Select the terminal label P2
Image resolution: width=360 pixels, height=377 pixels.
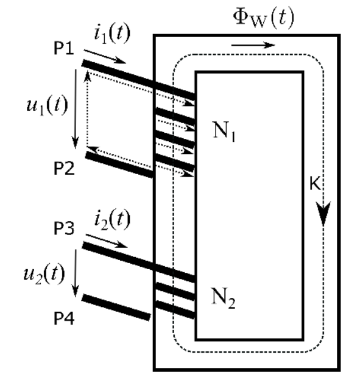pos(64,168)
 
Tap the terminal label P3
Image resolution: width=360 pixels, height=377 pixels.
pos(64,228)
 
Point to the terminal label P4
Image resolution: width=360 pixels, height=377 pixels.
pos(64,318)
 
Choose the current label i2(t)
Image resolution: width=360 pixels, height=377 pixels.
pos(112,220)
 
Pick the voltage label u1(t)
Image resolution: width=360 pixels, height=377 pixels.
pos(47,105)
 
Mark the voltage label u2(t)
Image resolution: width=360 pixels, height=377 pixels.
pos(44,274)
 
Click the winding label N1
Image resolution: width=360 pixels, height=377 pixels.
pos(224,132)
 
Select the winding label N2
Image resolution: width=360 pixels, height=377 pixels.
pos(224,298)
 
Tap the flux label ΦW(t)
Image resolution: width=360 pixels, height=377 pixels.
pos(264,17)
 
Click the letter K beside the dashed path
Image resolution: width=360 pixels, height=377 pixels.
pos(315,183)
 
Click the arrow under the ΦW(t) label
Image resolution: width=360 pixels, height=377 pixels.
pos(253,45)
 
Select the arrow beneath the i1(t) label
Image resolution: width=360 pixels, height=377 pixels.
pos(105,57)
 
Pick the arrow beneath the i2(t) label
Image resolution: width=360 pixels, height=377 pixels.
pos(107,241)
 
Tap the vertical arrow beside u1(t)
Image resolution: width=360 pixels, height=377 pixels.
pos(76,109)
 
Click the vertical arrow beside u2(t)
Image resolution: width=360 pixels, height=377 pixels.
pos(76,273)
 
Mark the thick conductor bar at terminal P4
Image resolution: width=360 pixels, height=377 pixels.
pos(116,308)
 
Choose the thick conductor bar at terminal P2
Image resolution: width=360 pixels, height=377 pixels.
pos(119,165)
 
